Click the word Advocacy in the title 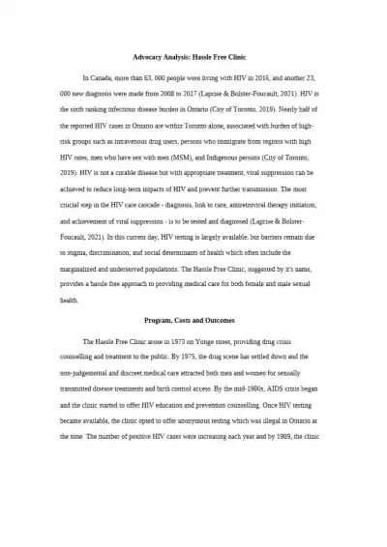click(148, 57)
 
